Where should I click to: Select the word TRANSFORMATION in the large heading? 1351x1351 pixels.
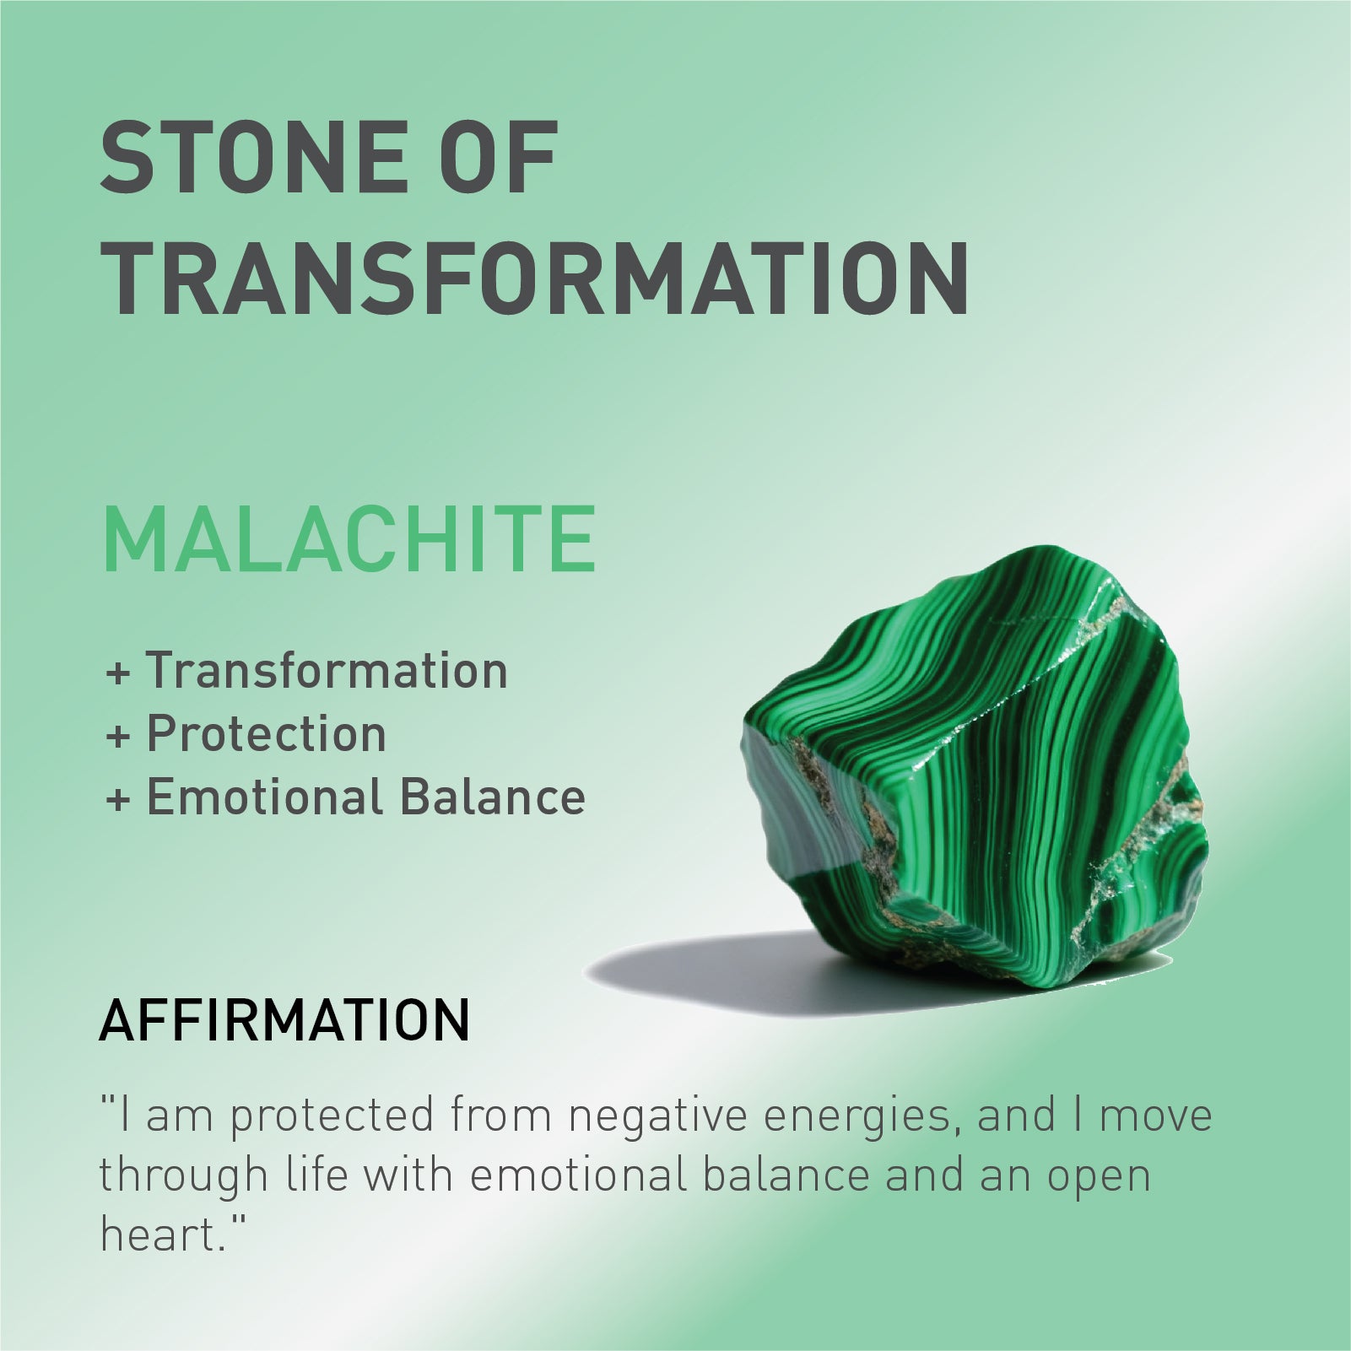(535, 278)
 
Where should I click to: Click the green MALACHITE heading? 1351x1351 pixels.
(349, 541)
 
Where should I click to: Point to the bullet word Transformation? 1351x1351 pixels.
(327, 671)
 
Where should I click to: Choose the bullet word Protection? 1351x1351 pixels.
(266, 734)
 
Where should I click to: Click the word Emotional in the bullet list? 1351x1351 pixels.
(264, 797)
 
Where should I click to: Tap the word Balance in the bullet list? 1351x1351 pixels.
(492, 797)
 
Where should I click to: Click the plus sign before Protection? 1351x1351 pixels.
(118, 737)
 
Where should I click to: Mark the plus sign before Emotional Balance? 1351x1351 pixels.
(118, 800)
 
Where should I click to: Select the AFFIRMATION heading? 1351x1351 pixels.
(284, 1020)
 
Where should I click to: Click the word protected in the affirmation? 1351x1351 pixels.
(332, 1116)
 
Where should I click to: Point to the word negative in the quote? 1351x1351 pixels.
(657, 1116)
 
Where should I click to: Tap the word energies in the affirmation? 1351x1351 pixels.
(862, 1116)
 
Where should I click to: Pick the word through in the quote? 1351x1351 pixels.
(183, 1176)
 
